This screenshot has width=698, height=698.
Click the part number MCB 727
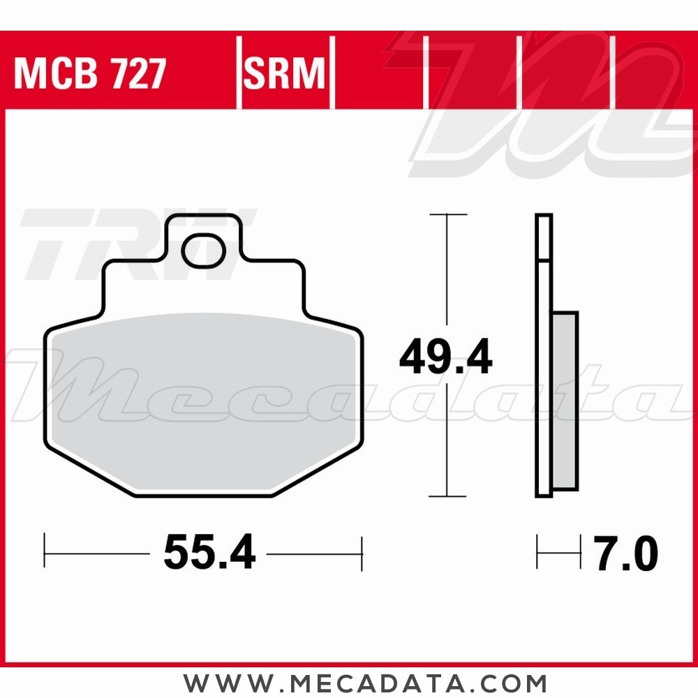pyautogui.click(x=90, y=73)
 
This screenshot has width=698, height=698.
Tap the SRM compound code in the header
pyautogui.click(x=285, y=73)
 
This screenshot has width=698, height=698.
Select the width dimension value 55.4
pyautogui.click(x=209, y=554)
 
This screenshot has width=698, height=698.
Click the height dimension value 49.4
pyautogui.click(x=445, y=358)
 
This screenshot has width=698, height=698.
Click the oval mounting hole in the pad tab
pyautogui.click(x=204, y=252)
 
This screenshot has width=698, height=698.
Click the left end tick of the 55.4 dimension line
pyautogui.click(x=45, y=554)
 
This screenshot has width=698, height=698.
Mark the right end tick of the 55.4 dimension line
pyautogui.click(x=362, y=554)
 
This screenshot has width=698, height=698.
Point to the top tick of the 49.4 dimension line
pyautogui.click(x=446, y=214)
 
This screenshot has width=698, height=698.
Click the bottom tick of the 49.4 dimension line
pyautogui.click(x=446, y=496)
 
